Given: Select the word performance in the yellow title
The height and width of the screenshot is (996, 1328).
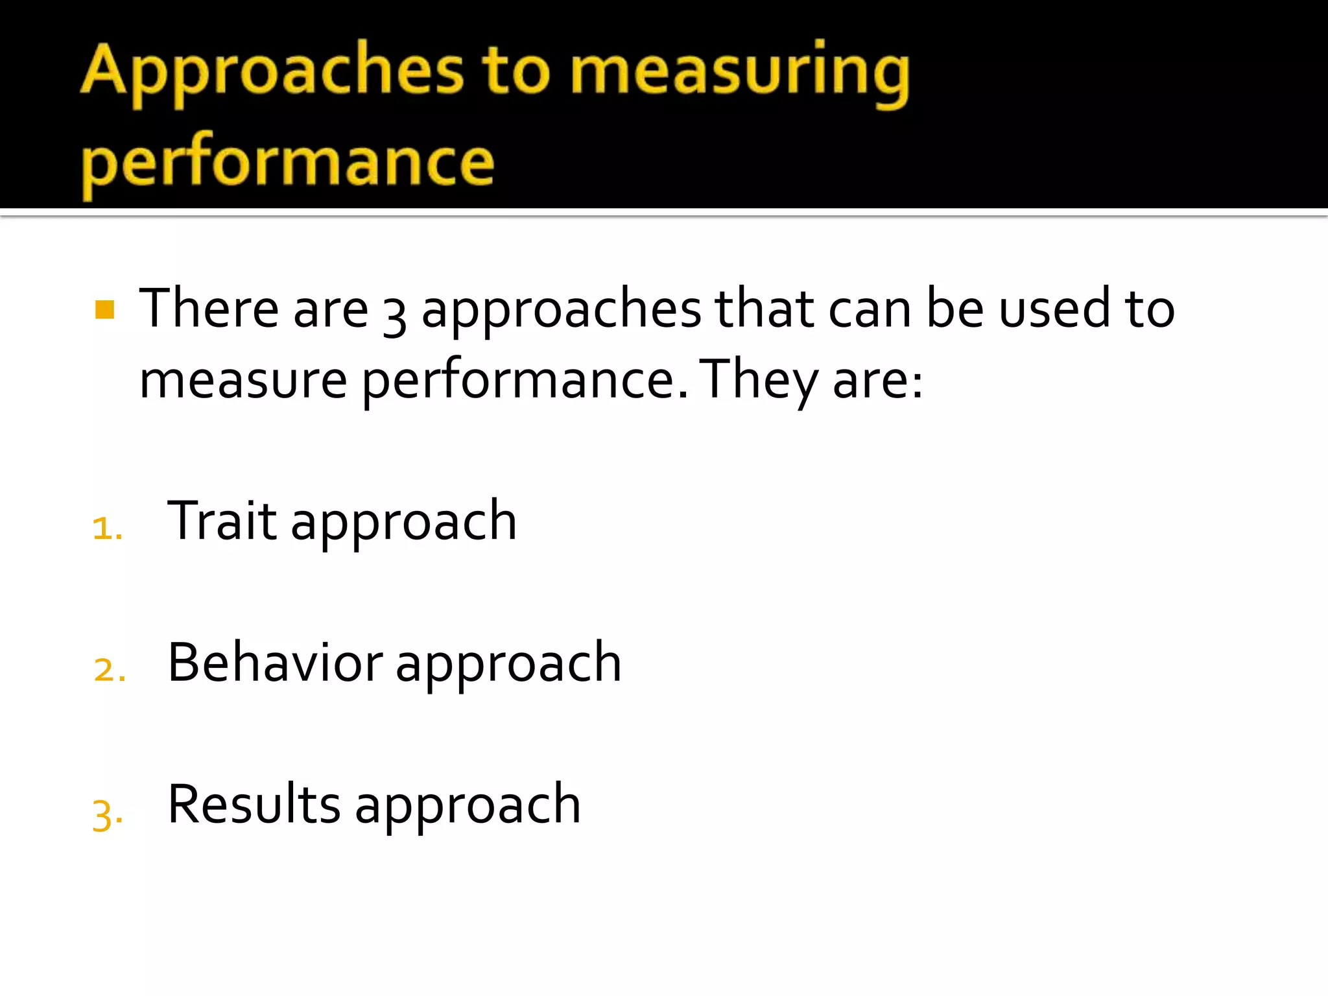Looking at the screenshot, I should tap(287, 162).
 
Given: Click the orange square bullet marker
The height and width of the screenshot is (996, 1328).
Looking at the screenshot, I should tap(104, 309).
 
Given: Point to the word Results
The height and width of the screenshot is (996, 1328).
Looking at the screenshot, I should tap(254, 805).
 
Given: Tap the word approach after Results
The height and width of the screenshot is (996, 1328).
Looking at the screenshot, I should tap(468, 807).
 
